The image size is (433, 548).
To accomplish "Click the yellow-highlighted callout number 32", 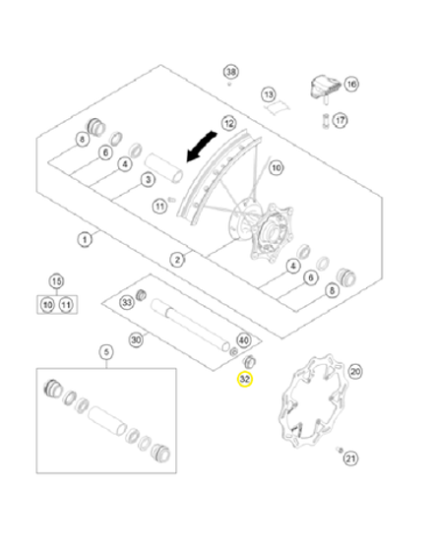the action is click(245, 379).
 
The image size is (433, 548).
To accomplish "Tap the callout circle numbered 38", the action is click(231, 72).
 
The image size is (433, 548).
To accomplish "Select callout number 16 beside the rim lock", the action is click(351, 85).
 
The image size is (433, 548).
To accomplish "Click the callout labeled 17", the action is click(340, 121).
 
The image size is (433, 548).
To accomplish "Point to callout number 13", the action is click(269, 94).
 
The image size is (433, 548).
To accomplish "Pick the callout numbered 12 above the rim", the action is click(229, 123).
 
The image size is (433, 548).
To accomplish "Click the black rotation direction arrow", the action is click(202, 147).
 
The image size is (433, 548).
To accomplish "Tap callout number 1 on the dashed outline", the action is click(85, 240).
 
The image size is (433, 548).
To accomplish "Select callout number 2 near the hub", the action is click(177, 260).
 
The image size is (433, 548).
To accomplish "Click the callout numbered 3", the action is click(148, 180).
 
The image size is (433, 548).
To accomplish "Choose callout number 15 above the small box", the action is click(57, 281).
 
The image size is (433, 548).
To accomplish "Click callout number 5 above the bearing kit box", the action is click(106, 352).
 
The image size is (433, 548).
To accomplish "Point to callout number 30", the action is click(136, 339).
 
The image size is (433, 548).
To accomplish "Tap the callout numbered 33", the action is click(127, 302).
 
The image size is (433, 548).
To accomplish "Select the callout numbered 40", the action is click(244, 340).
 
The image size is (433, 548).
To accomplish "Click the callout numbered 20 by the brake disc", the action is click(355, 372).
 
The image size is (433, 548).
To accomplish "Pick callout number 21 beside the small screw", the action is click(351, 458).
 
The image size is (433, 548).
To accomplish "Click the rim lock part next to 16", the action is click(325, 88).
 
